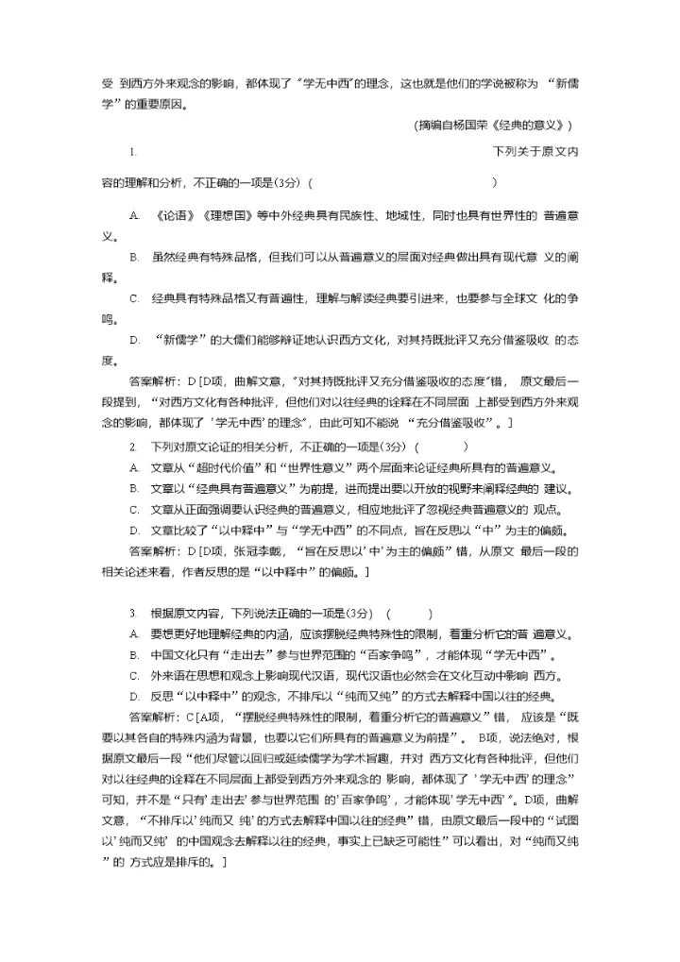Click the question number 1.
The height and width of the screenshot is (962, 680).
click(134, 151)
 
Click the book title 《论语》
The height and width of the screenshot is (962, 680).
click(169, 216)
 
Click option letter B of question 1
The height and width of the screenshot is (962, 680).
click(133, 257)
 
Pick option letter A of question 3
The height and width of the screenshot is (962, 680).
click(133, 633)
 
